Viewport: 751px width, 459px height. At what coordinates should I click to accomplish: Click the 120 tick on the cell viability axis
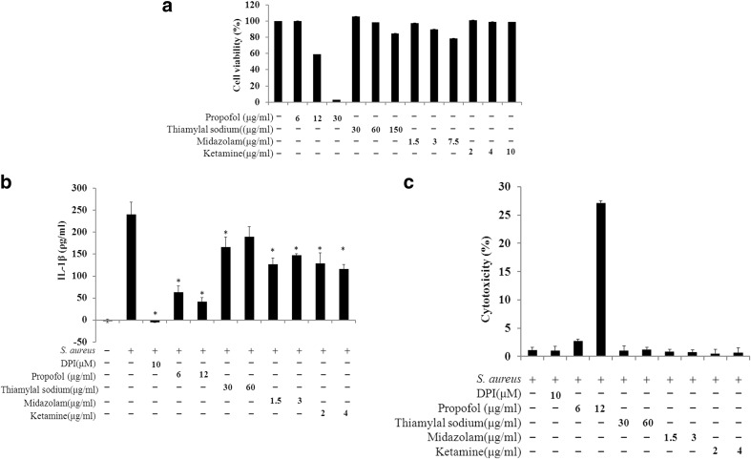(253, 6)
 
